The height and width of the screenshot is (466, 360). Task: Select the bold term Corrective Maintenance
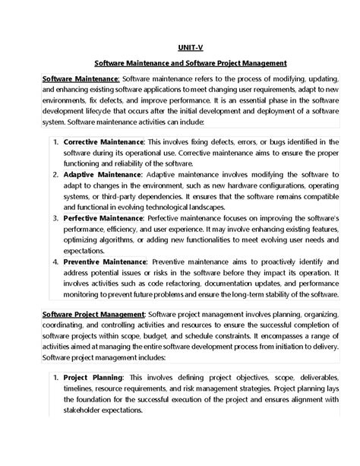pyautogui.click(x=125, y=142)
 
